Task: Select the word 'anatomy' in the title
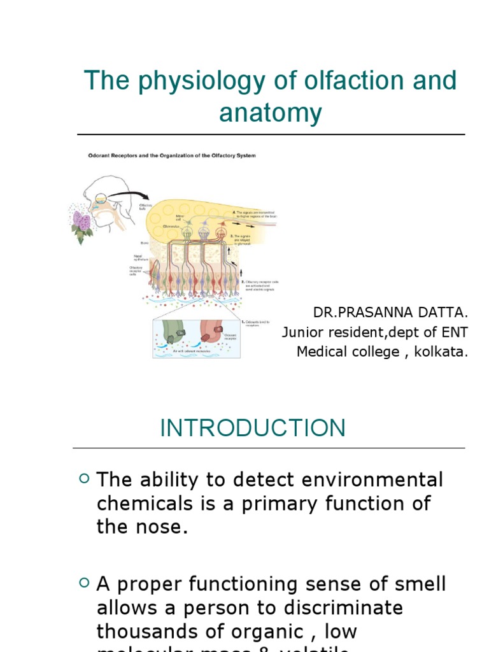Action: coord(271,113)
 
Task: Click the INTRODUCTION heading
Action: coord(253,428)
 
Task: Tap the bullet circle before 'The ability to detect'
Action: coord(84,478)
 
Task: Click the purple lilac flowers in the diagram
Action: coord(81,223)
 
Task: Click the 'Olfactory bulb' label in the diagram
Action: coord(146,208)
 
